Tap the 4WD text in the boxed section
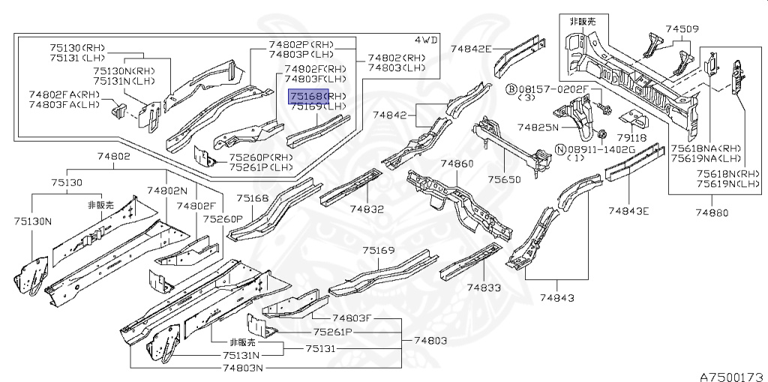click(x=425, y=40)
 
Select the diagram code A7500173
click(x=733, y=377)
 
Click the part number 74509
click(x=682, y=29)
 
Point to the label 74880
click(x=712, y=212)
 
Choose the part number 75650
click(x=504, y=180)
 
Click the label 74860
click(x=457, y=163)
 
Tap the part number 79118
click(x=631, y=139)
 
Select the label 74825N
click(x=538, y=127)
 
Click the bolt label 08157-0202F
click(x=553, y=89)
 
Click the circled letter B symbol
click(x=511, y=89)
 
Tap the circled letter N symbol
click(x=559, y=149)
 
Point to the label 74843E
click(x=628, y=210)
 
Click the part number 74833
click(x=484, y=288)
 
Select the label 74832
click(x=367, y=209)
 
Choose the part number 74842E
click(x=471, y=48)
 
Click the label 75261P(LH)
click(x=262, y=167)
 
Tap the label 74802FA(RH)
click(x=64, y=94)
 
